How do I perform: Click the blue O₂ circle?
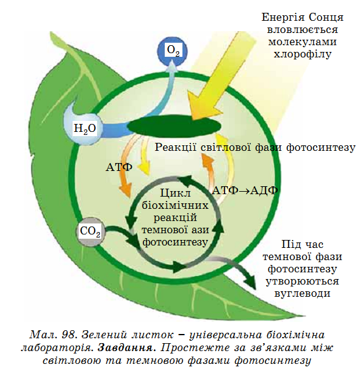tap(172, 51)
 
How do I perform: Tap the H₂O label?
tap(85, 128)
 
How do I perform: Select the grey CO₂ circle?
tap(90, 232)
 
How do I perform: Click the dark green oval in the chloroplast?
tap(175, 126)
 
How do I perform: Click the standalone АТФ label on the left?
tap(119, 167)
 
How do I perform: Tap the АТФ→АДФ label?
tap(245, 190)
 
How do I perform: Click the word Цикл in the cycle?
tap(175, 194)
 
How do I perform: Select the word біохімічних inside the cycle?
tap(175, 206)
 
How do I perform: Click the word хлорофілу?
tap(303, 54)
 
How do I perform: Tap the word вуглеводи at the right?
tap(303, 294)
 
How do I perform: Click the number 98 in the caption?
tap(69, 335)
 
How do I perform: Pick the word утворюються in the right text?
tap(303, 281)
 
